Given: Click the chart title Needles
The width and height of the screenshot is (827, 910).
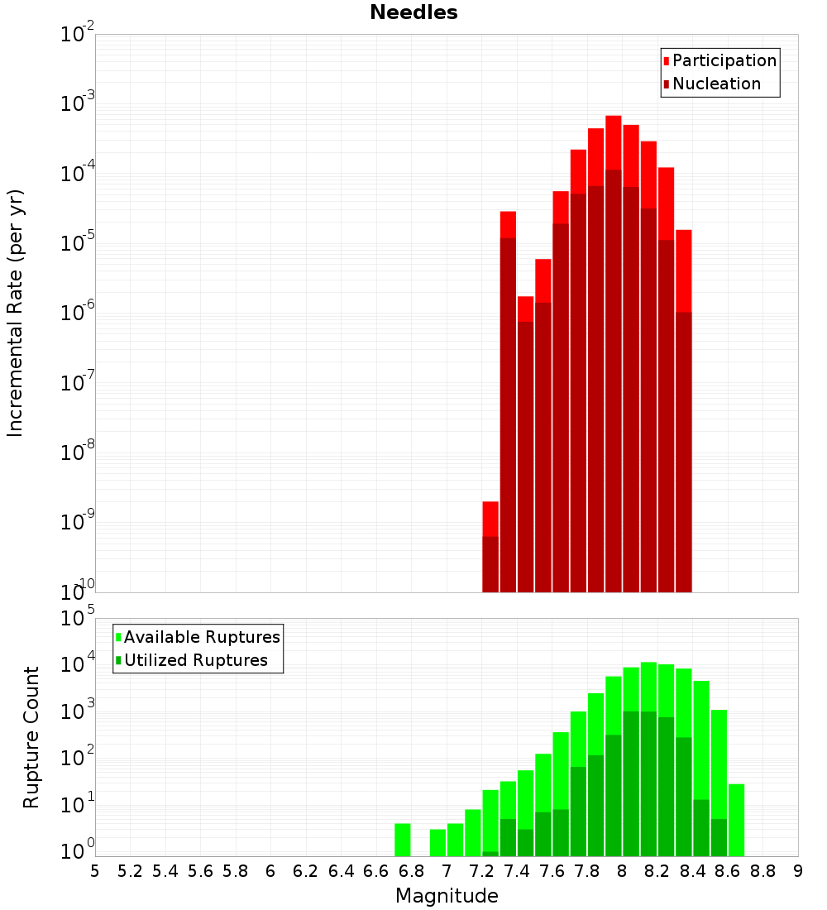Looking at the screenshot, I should [x=413, y=12].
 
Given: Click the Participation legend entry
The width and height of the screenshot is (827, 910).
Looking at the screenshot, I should [x=724, y=60].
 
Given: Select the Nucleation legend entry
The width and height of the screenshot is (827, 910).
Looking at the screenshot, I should [x=716, y=84].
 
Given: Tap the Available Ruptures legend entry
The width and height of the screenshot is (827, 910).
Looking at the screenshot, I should [x=202, y=637].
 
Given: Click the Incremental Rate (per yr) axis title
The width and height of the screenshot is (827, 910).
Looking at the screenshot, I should [x=16, y=313].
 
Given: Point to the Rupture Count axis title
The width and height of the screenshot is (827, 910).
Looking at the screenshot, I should [x=31, y=737].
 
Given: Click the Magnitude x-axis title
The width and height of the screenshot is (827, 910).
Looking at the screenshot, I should [x=447, y=896].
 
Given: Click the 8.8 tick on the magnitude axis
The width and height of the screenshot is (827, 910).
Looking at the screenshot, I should [x=762, y=870].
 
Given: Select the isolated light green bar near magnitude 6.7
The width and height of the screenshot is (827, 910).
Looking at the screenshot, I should [x=403, y=840].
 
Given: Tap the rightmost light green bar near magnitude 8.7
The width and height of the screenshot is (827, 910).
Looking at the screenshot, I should [x=737, y=819].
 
